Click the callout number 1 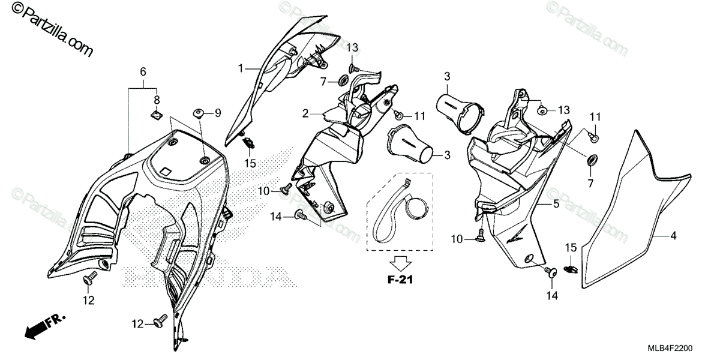click(241, 68)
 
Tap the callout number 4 click(673, 236)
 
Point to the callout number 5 click(556, 205)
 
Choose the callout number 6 click(143, 72)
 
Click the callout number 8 click(157, 100)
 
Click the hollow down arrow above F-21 click(400, 262)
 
